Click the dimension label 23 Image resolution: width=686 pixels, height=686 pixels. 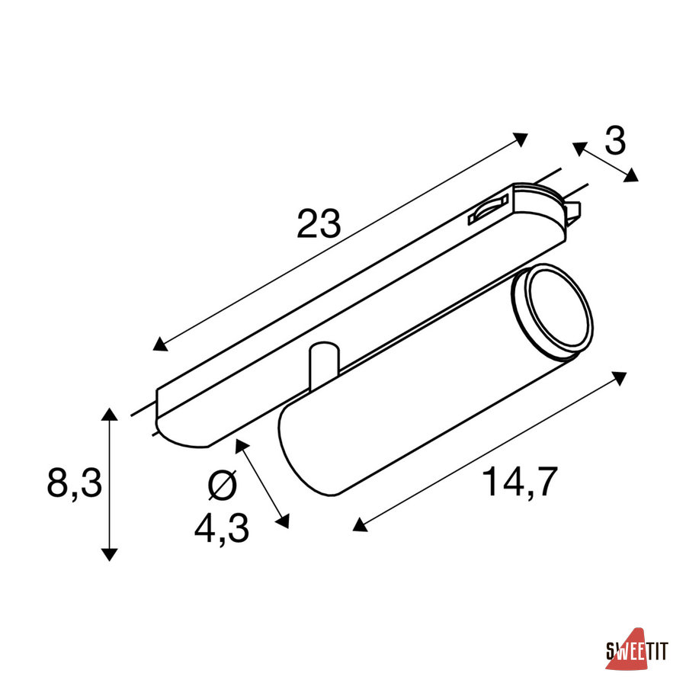319,223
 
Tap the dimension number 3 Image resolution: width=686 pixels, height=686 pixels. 615,140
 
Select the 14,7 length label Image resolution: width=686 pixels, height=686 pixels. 520,482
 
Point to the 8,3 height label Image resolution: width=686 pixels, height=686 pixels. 75,482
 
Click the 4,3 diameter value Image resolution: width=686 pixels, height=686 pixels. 222,528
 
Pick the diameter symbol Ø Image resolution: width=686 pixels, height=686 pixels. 223,486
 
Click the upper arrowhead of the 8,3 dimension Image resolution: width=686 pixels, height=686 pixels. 109,415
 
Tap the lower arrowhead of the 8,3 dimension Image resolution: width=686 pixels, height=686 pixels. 109,554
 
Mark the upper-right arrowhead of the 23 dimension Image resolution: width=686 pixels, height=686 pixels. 520,139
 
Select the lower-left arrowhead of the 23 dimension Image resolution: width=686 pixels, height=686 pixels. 160,345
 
